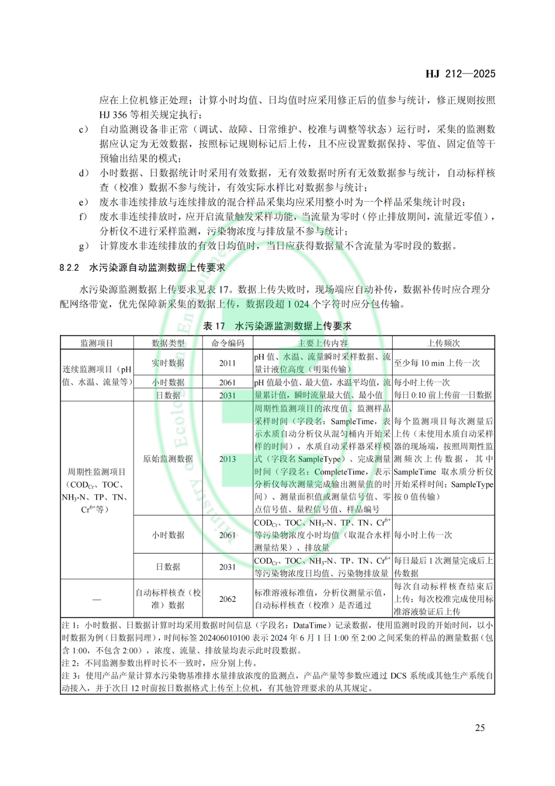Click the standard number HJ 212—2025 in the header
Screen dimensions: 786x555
[460, 74]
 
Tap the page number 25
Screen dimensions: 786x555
[479, 727]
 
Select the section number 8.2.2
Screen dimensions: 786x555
[69, 267]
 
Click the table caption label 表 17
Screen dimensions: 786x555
[214, 326]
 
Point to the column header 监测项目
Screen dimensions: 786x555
[97, 343]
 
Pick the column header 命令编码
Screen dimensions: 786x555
[228, 343]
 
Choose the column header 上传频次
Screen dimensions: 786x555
[443, 343]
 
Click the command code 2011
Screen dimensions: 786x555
[228, 363]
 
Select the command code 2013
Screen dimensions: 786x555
[228, 459]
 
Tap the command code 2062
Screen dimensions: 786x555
[228, 599]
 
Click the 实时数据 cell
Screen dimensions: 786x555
[168, 363]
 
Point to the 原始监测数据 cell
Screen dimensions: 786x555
[168, 459]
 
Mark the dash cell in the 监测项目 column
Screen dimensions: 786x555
[97, 599]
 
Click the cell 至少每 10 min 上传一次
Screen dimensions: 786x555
[437, 363]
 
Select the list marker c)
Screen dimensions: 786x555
[83, 129]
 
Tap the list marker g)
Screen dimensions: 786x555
[83, 246]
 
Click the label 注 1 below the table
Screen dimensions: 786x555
[70, 626]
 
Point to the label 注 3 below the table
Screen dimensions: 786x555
[70, 675]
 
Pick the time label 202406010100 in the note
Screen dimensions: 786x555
[224, 638]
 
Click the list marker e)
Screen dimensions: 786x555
[83, 202]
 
